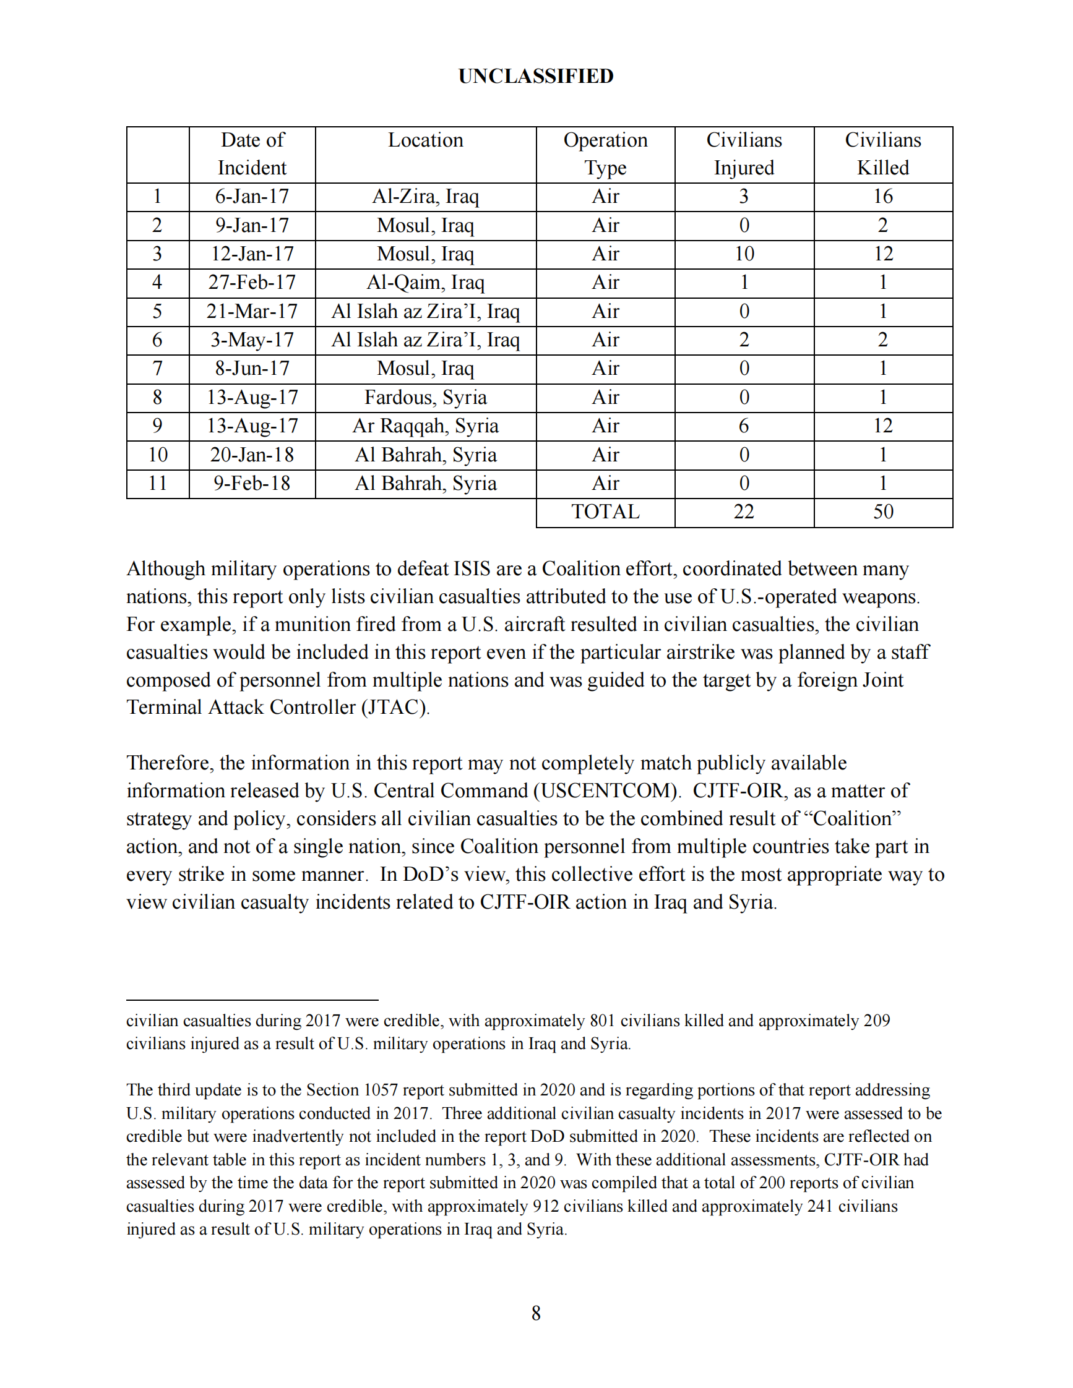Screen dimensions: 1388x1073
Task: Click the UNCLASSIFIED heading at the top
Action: [x=536, y=76]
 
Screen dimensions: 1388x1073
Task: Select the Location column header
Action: [x=425, y=140]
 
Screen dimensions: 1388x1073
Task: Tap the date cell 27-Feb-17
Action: [x=252, y=283]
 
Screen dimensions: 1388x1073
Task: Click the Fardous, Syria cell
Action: [x=425, y=398]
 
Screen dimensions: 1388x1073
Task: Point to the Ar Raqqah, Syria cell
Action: [x=425, y=426]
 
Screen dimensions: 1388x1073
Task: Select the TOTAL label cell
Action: [x=605, y=512]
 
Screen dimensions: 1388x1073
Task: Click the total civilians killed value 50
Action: [x=883, y=512]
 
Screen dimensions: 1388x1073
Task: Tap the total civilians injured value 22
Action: [x=744, y=512]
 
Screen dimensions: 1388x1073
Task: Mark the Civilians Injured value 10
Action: [x=744, y=254]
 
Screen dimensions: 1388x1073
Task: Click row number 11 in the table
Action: [x=158, y=484]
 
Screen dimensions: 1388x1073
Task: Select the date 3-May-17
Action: [x=252, y=341]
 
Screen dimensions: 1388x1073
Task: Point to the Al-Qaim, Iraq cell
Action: [x=425, y=283]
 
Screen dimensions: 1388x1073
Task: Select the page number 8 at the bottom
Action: [x=536, y=1314]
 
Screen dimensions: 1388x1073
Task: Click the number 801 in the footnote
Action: [x=602, y=1021]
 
